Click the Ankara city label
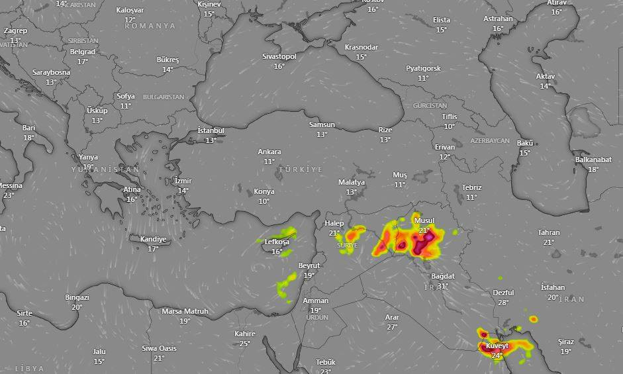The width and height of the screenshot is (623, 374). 269,152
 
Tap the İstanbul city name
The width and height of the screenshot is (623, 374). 211,130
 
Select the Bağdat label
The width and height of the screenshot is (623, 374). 443,276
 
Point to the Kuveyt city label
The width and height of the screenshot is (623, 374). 497,346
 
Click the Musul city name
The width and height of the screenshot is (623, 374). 424,220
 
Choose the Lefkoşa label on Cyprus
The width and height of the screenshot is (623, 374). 277,242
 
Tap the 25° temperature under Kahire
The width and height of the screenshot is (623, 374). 245,343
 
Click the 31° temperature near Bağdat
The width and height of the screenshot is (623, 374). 443,286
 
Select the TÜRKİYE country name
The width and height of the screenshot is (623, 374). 301,169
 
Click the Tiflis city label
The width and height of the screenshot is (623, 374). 450,117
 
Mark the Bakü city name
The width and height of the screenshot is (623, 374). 525,143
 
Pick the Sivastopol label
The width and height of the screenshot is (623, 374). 279,56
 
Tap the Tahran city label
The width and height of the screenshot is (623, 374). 549,232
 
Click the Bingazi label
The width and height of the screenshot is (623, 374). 77,297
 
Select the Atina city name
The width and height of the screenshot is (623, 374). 132,189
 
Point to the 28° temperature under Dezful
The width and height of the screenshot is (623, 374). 503,302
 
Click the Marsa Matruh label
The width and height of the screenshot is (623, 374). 185,311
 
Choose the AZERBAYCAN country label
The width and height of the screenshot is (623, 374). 490,141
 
